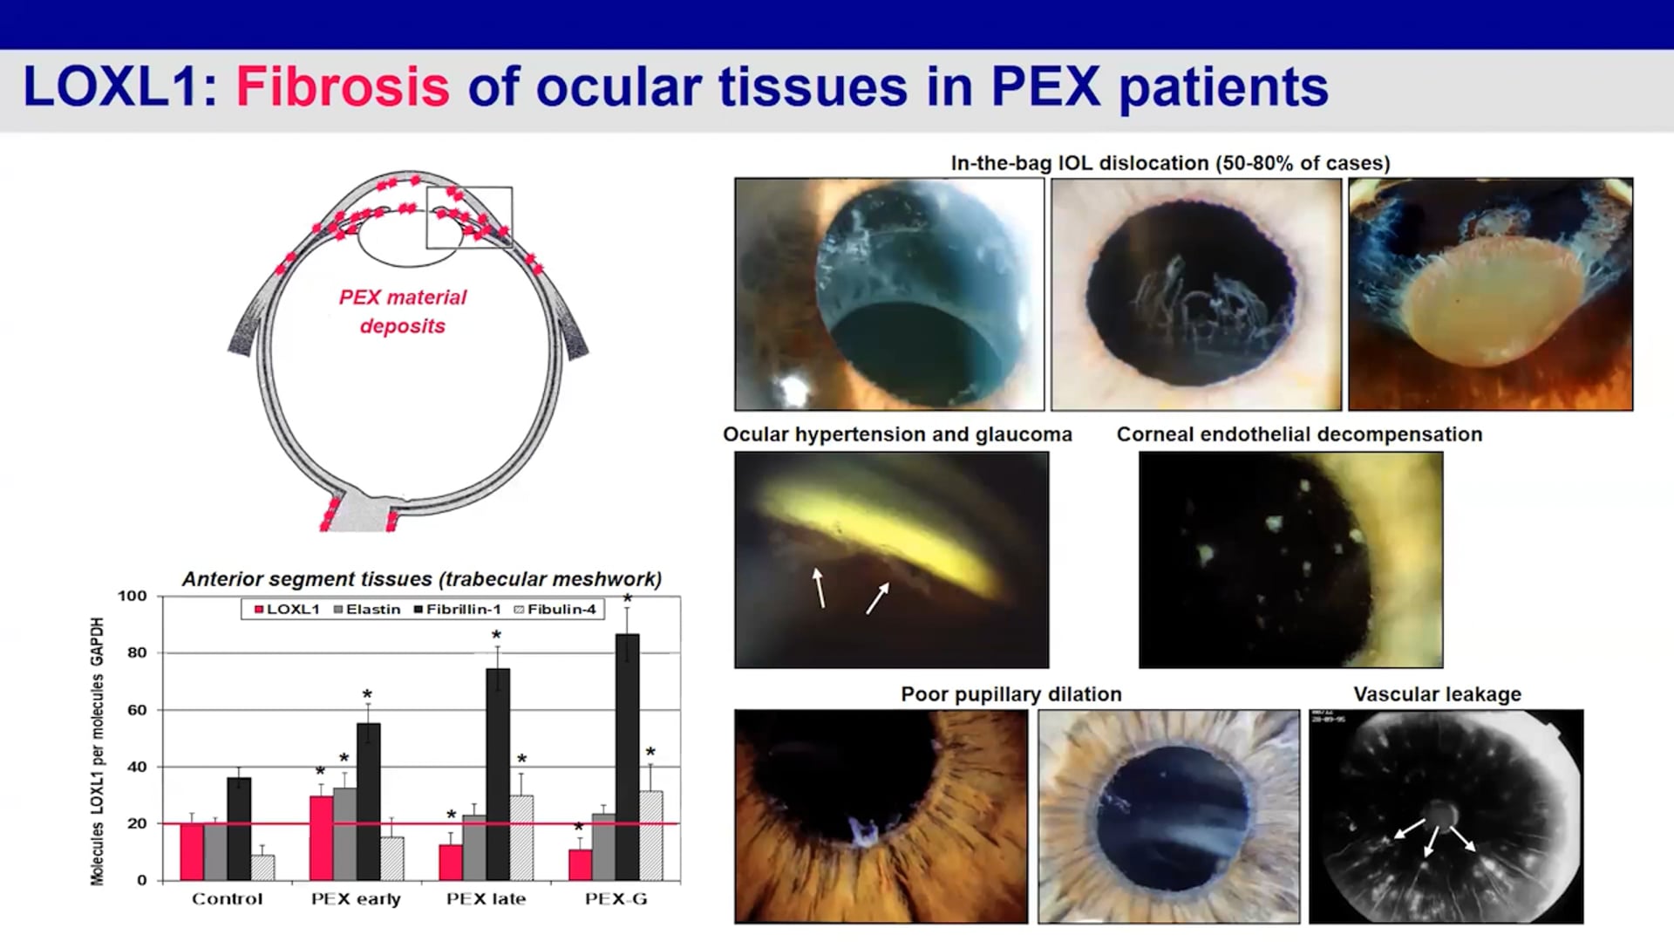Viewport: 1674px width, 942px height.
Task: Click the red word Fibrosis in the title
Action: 343,87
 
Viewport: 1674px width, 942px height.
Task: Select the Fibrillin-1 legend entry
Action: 458,609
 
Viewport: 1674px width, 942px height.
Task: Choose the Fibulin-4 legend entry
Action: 555,609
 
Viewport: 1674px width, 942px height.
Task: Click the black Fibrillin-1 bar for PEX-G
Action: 627,756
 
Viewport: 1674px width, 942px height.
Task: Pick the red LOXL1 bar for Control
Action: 192,851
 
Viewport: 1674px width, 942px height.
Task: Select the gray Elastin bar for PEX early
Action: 344,834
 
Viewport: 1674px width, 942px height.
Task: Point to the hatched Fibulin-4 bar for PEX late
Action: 521,837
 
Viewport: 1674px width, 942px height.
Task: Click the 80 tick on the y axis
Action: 137,652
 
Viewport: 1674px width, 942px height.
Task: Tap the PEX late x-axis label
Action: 486,899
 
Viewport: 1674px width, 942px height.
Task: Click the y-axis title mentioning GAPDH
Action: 97,751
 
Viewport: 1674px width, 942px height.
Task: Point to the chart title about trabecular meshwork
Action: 422,579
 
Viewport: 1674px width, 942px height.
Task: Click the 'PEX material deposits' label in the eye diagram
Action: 403,311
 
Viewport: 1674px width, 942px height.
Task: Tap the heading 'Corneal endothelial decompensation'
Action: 1299,434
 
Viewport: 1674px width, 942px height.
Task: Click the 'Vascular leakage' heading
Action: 1437,694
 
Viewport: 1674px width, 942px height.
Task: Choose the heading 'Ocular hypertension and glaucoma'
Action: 897,434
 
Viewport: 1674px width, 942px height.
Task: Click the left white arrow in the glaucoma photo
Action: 819,587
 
